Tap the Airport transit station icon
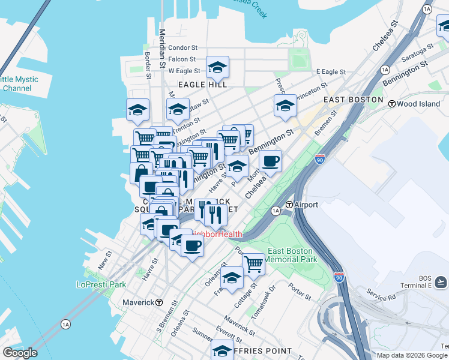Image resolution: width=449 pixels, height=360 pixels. click(x=289, y=205)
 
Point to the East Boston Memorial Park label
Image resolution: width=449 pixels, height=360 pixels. click(x=291, y=256)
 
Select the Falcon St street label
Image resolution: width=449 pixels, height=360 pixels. click(x=182, y=59)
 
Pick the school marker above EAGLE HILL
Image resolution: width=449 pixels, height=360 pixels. click(x=217, y=67)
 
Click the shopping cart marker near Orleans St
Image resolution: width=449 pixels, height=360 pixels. click(x=253, y=263)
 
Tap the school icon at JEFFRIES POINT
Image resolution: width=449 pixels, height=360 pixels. click(x=222, y=350)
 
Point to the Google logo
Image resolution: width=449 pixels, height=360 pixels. click(x=20, y=353)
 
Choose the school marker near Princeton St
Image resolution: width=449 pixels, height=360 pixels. click(x=285, y=106)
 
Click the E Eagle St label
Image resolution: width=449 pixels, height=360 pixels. click(x=331, y=71)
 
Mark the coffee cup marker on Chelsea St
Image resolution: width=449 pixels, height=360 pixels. click(x=270, y=161)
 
